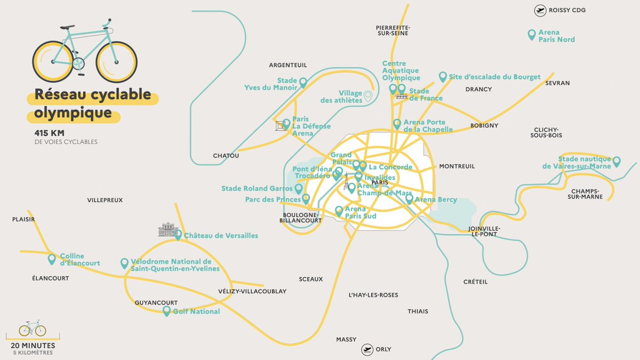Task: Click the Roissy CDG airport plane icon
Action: pyautogui.click(x=540, y=11)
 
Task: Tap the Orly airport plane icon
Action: pyautogui.click(x=367, y=349)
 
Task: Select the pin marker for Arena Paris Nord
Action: pyautogui.click(x=531, y=35)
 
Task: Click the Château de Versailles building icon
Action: pyautogui.click(x=167, y=230)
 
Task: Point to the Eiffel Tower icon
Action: pyautogui.click(x=346, y=182)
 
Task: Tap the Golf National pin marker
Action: pyautogui.click(x=166, y=310)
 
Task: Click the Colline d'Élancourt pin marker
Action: pyautogui.click(x=52, y=259)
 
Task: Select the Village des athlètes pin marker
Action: pyautogui.click(x=367, y=96)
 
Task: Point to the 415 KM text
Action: pyautogui.click(x=47, y=133)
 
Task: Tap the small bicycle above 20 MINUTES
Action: pyautogui.click(x=33, y=328)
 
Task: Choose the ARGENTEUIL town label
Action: pyautogui.click(x=288, y=65)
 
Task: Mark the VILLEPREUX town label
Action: pyautogui.click(x=105, y=200)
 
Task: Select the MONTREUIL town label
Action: pyautogui.click(x=457, y=166)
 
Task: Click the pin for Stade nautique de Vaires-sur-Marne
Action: pyautogui.click(x=617, y=161)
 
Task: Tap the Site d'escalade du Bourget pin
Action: pyautogui.click(x=442, y=77)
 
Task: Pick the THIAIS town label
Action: pyautogui.click(x=418, y=311)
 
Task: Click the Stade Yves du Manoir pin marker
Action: pyautogui.click(x=303, y=83)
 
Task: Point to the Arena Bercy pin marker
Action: pyautogui.click(x=409, y=199)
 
